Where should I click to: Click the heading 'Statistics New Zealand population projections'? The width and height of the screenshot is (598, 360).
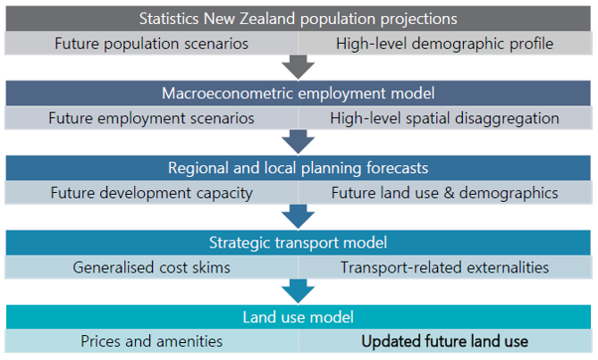(299, 19)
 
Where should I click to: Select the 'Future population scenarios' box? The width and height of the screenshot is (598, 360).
(151, 44)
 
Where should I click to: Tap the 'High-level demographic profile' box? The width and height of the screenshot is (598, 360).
(445, 44)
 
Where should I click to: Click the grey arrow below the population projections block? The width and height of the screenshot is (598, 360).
(299, 67)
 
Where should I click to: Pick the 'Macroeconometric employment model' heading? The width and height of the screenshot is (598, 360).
(299, 93)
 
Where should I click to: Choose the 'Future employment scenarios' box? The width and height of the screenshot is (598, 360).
(151, 118)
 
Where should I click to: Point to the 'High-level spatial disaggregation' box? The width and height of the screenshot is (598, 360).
(445, 118)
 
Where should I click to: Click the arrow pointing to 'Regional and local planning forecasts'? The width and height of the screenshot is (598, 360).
(299, 142)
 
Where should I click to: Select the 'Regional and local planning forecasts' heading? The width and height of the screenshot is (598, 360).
(299, 168)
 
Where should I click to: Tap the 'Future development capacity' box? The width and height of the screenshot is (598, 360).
(151, 193)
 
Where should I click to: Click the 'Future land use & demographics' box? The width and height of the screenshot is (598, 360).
(445, 193)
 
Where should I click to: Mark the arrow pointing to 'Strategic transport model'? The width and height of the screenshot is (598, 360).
(299, 217)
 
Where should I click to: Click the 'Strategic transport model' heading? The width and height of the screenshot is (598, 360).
(299, 243)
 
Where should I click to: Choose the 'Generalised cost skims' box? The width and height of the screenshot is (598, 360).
(151, 267)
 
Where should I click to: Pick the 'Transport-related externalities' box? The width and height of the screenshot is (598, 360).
(445, 267)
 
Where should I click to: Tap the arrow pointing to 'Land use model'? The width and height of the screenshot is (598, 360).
(299, 291)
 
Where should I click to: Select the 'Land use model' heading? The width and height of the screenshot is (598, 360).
(299, 317)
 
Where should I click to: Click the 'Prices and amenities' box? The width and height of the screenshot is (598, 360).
(151, 341)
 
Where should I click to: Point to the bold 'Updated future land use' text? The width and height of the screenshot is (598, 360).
(444, 341)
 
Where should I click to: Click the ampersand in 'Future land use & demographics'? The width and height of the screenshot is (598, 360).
(449, 193)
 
